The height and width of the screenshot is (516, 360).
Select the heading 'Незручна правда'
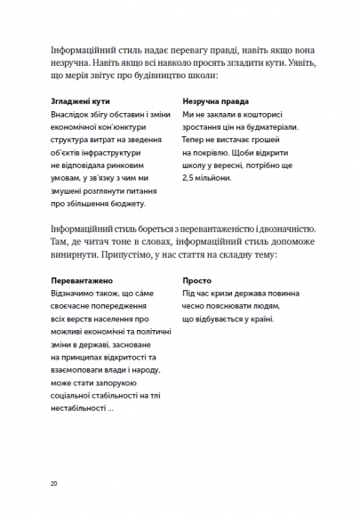coord(215,102)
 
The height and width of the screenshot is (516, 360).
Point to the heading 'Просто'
coord(197,279)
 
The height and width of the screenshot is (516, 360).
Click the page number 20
coord(54,483)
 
